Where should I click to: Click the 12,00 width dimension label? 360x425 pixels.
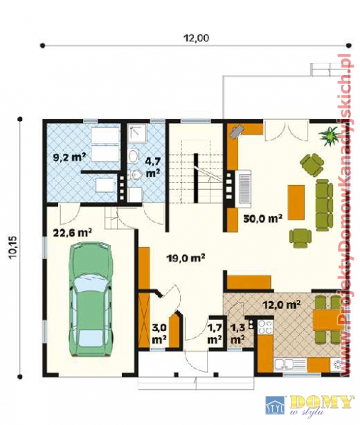pos(196,38)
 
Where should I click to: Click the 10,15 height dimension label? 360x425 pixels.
pos(13,249)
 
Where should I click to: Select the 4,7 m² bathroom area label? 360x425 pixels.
pos(153,167)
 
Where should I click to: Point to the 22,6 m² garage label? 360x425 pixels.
pos(72,232)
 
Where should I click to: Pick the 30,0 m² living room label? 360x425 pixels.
pos(263,217)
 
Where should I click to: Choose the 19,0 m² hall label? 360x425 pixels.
pos(185,258)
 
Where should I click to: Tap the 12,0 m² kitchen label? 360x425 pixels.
pos(281,305)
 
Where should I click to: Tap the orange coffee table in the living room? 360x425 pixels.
pos(296,202)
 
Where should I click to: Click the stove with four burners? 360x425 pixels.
pos(265,327)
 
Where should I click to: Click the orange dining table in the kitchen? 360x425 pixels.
pos(325,319)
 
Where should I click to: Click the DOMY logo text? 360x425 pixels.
pos(321,404)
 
